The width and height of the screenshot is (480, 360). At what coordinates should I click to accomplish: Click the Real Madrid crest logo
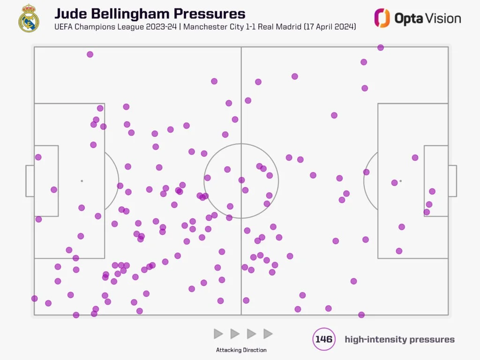point(29,19)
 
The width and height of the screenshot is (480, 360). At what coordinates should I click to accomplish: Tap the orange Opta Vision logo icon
point(382,18)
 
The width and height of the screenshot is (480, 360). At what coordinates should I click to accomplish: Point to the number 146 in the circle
point(324,339)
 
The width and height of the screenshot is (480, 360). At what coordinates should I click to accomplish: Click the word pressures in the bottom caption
point(431,339)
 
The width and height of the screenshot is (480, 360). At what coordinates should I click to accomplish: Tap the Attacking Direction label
point(241,350)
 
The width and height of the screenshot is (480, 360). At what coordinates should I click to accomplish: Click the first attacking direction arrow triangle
point(218,334)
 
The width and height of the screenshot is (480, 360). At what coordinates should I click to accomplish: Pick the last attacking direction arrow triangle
point(268,334)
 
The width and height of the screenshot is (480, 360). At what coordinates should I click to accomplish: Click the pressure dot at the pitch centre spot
point(241,180)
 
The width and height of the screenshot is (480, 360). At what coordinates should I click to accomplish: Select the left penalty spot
point(82,181)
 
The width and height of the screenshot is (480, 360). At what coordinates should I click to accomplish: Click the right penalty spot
point(401,181)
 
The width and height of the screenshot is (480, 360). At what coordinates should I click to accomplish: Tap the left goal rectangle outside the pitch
point(30,181)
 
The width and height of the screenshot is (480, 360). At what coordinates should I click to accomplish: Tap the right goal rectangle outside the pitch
point(452,181)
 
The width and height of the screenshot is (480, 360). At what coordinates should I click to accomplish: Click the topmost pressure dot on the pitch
point(381,47)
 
